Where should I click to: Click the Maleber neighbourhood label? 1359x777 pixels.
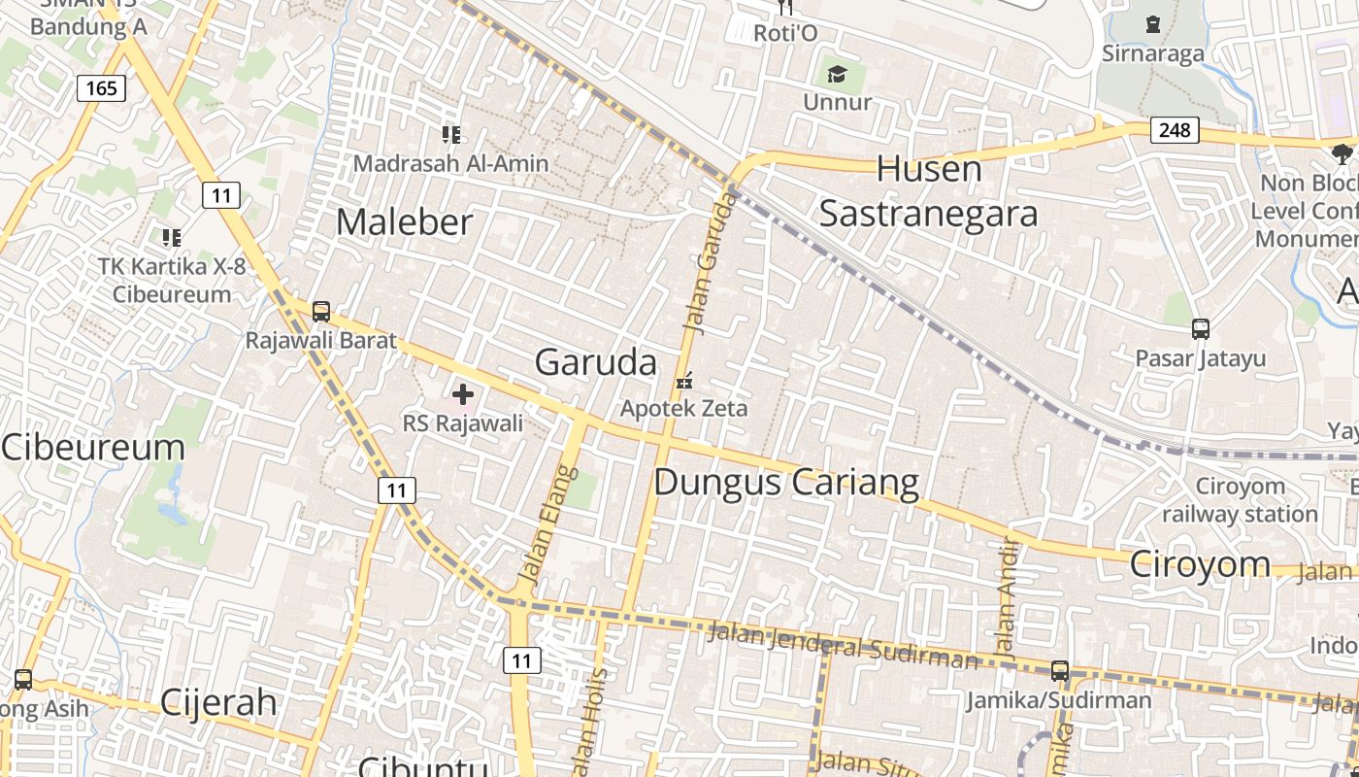(405, 221)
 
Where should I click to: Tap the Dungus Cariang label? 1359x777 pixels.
(786, 482)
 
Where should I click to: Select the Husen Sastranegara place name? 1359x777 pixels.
(929, 191)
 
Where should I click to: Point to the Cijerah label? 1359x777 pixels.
(218, 702)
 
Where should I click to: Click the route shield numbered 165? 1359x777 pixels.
(101, 88)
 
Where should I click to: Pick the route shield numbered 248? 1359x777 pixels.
(1175, 129)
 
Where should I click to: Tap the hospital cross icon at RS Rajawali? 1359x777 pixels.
(463, 394)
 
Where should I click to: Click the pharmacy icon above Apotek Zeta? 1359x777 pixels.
(684, 381)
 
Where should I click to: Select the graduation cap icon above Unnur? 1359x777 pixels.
(837, 74)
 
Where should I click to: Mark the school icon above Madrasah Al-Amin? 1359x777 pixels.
(450, 134)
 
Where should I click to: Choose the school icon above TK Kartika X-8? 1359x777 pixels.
(172, 237)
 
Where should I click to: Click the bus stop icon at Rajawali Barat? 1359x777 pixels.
(321, 312)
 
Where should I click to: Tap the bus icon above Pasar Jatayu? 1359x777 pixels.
(1201, 329)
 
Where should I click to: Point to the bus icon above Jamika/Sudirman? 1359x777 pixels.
(1060, 670)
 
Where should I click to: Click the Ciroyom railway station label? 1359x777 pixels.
(1240, 499)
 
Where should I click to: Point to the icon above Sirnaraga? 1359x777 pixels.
(1152, 24)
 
